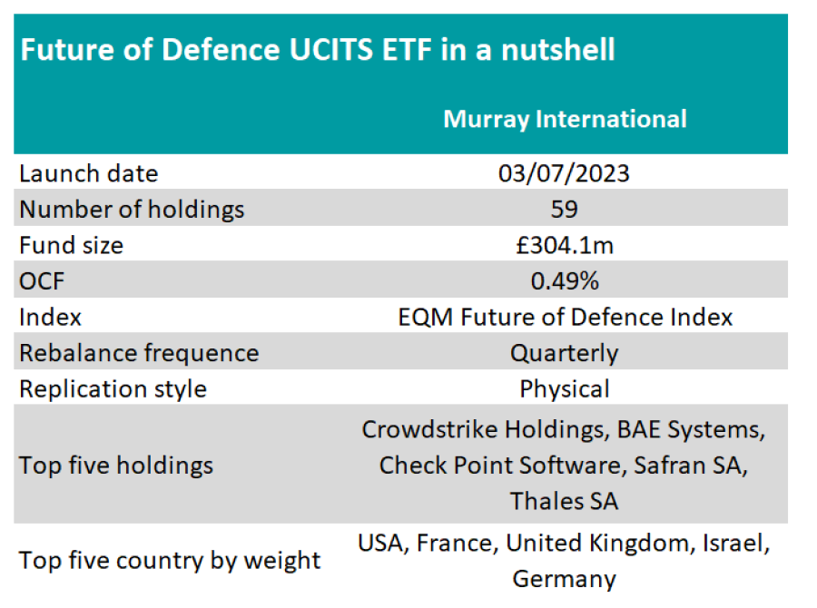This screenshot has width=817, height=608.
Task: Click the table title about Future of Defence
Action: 318,49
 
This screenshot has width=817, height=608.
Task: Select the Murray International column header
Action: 565,119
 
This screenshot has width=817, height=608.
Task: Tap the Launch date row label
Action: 89,173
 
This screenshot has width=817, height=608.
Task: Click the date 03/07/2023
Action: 564,173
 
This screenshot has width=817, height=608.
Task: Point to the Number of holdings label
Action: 133,210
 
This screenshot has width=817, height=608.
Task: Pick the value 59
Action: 564,210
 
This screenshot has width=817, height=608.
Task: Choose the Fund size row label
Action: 72,245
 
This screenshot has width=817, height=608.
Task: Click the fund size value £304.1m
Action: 564,245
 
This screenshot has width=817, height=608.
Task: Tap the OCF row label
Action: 43,281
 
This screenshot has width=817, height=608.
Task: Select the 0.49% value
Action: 564,281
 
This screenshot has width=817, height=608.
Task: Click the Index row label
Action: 51,317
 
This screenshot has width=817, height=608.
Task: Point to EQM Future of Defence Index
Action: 565,317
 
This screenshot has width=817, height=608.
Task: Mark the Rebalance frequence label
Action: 139,353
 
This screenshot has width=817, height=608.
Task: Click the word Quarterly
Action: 564,353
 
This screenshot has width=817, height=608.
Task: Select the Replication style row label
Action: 113,388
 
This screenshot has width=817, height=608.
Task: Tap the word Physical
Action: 564,388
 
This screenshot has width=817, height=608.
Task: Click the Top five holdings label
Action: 116,466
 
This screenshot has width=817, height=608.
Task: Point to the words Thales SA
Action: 564,500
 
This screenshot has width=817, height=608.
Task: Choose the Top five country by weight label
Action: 170,560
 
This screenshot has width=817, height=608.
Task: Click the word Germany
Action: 564,578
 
